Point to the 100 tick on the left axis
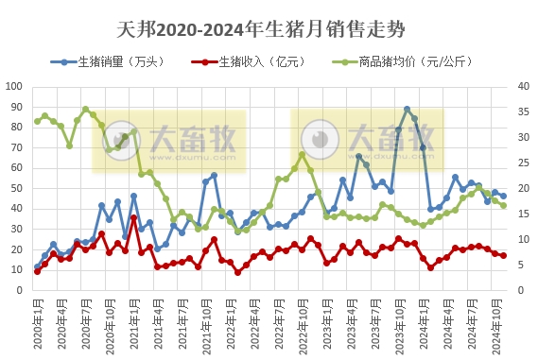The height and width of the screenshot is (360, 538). click(x=14, y=86)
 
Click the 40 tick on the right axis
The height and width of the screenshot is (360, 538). click(x=520, y=86)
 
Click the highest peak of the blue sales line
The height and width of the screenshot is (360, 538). click(x=407, y=110)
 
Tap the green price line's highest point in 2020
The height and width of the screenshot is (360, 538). click(x=85, y=109)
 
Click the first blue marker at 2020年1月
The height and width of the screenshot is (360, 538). click(x=37, y=266)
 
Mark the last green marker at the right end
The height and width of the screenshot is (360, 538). click(x=503, y=205)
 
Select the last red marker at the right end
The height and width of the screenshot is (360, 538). click(x=503, y=255)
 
